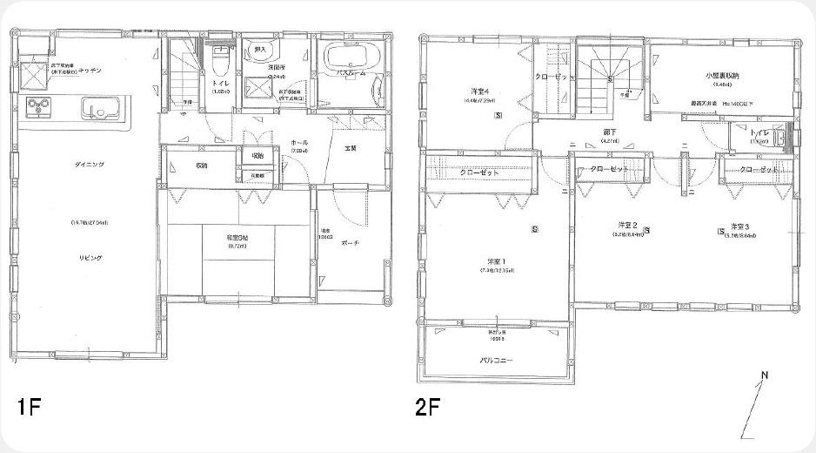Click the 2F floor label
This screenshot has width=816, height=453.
(427, 406)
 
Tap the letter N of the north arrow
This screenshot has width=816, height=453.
(765, 376)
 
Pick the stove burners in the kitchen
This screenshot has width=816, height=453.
(38, 107)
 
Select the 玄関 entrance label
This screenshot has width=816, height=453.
(349, 146)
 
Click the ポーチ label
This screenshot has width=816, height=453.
(350, 242)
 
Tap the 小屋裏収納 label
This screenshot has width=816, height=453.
(723, 76)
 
